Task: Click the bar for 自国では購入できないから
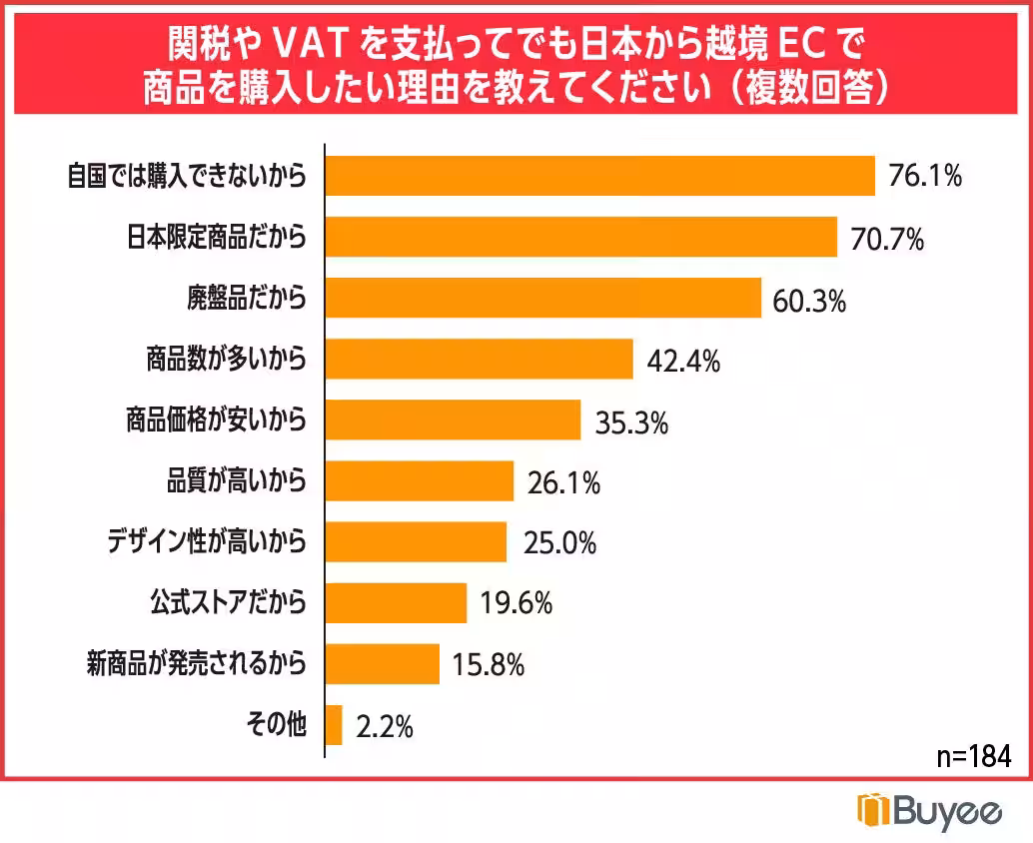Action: (x=600, y=177)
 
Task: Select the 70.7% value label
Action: (x=887, y=239)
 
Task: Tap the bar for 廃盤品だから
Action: (x=543, y=298)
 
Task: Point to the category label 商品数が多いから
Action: (x=226, y=360)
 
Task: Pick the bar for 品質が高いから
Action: (x=420, y=481)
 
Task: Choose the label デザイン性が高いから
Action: (x=207, y=542)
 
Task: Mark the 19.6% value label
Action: (x=516, y=603)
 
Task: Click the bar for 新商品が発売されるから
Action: (x=383, y=663)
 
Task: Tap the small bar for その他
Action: (x=334, y=725)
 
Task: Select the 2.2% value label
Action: (x=385, y=726)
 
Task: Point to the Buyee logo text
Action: (x=945, y=810)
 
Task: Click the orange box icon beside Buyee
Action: (x=872, y=810)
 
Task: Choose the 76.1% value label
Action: (x=925, y=178)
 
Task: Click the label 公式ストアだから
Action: (x=228, y=602)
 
